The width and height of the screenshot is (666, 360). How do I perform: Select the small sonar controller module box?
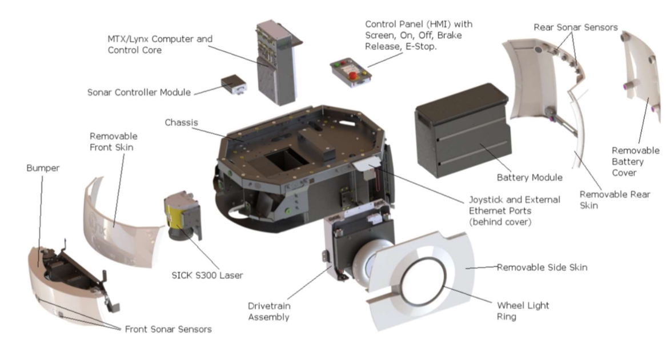coord(233,85)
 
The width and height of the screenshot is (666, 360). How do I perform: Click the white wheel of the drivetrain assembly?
coord(371,263)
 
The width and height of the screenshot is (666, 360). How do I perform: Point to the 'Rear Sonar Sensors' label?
coord(575,27)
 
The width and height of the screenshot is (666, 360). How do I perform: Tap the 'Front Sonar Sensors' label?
coord(168,329)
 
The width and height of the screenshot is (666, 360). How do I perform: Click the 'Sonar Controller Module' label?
coord(139,92)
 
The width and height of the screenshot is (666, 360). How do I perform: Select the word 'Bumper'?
coord(43,169)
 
